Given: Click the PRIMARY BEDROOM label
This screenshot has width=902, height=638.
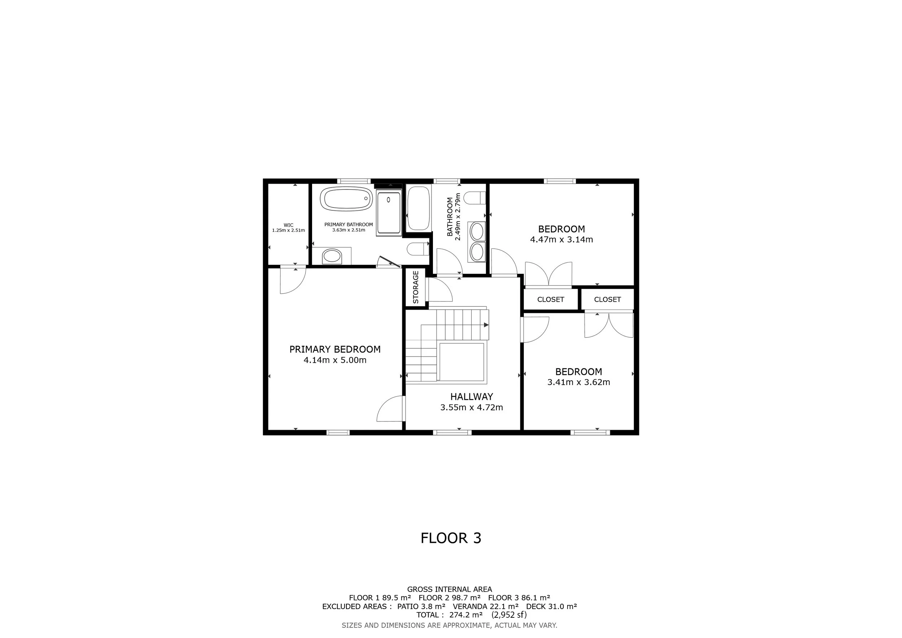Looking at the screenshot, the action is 335,349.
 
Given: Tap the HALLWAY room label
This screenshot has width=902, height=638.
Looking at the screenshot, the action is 472,397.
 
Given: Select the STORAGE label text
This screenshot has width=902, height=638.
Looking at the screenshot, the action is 416,287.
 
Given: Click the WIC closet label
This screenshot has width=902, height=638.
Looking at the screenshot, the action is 288,225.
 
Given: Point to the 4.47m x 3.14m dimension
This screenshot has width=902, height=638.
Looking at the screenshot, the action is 561,240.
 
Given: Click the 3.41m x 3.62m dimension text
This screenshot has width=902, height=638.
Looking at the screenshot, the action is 579,382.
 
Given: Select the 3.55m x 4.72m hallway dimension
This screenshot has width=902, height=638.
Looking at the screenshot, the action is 472,407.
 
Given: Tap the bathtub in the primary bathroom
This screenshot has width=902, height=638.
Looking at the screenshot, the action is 346,198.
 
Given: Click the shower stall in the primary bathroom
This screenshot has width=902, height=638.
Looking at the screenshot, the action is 389,212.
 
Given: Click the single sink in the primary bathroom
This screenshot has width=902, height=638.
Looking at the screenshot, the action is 332,257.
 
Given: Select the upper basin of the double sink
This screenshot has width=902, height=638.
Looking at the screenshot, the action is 477,231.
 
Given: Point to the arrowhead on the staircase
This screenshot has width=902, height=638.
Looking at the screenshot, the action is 486,325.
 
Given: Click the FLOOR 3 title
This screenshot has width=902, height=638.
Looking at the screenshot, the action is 451,538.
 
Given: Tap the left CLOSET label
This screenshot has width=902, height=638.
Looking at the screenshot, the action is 550,300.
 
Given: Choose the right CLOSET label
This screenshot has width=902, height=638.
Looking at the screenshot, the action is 607,300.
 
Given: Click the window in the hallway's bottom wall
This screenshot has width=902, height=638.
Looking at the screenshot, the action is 452,433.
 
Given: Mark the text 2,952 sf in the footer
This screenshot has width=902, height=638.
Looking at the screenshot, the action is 509,615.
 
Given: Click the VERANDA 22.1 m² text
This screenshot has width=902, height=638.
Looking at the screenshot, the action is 486,606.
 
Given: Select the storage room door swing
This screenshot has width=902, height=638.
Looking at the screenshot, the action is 441,290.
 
